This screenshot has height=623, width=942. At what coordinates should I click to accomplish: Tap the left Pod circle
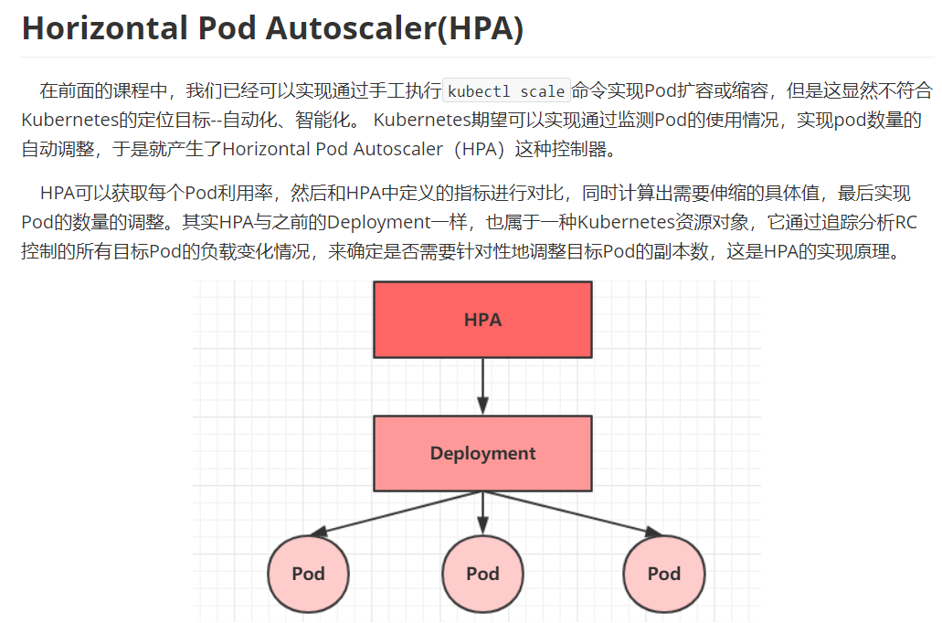point(308,574)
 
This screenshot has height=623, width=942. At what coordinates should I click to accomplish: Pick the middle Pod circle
point(482,574)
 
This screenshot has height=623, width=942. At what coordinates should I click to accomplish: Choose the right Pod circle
point(664,574)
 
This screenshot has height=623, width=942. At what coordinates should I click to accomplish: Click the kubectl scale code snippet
point(506,91)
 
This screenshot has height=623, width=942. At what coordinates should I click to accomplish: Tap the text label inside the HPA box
point(482,320)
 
